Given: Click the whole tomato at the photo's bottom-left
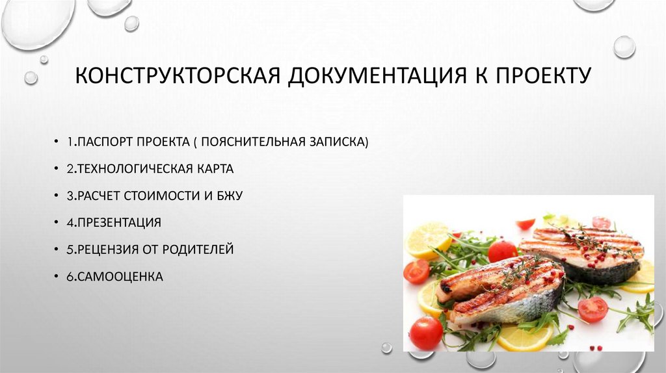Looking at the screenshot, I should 426,333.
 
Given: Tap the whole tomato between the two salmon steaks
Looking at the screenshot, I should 502,251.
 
